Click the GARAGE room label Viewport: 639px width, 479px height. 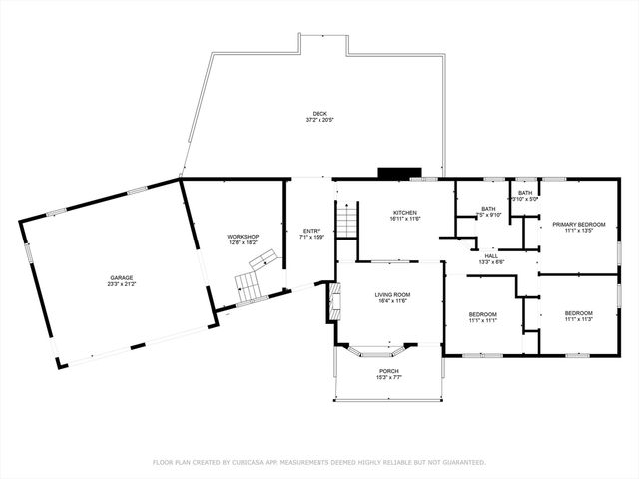point(122,277)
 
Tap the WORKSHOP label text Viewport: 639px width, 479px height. point(243,237)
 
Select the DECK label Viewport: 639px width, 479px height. point(319,114)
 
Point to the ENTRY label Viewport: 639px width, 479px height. point(312,231)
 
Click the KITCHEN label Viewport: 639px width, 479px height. point(404,213)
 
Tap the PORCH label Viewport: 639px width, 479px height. point(388,371)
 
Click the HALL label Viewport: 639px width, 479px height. point(491,255)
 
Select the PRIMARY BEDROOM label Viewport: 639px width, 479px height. point(579,225)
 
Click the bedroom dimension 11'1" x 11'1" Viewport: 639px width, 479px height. point(483,320)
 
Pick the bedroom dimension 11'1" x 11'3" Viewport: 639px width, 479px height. point(579,320)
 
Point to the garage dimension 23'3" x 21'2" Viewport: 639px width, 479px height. point(122,284)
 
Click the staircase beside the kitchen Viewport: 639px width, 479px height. point(346,220)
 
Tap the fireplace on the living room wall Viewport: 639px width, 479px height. point(333,301)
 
